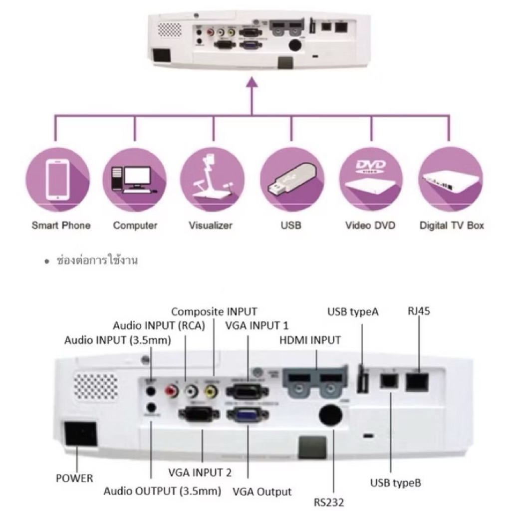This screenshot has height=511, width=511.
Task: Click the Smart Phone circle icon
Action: [57, 179]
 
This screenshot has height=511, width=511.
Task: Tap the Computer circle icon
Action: [135, 179]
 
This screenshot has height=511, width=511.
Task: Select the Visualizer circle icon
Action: [213, 179]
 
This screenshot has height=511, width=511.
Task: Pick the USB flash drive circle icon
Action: [291, 179]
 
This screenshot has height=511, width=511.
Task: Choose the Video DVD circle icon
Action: [370, 179]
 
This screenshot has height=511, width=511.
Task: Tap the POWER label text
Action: [74, 478]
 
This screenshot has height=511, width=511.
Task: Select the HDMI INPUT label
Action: [310, 340]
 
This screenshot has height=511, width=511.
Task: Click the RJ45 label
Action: [418, 311]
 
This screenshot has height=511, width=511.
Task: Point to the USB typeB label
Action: [396, 483]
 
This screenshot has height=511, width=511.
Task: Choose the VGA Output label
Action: [262, 492]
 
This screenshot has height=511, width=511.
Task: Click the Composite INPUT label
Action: [214, 312]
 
